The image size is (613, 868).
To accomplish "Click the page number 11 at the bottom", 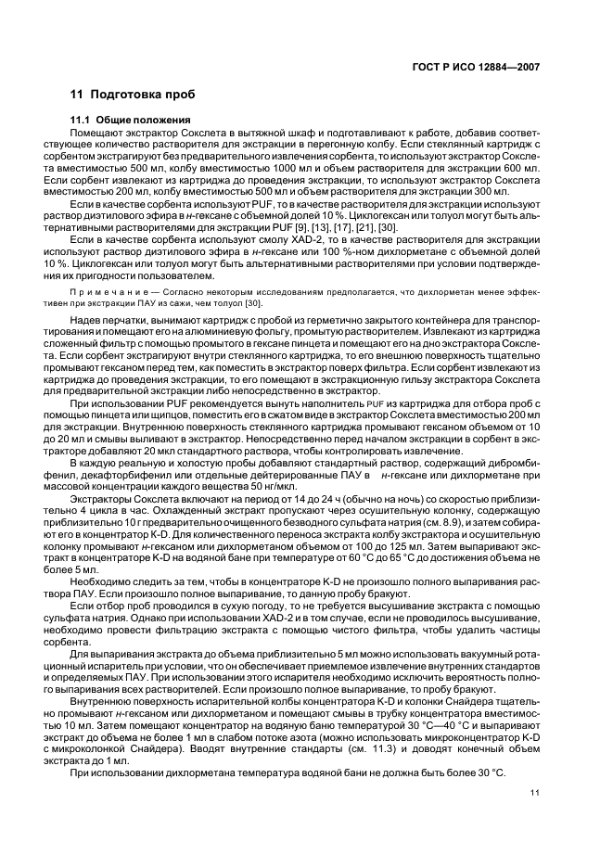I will (534, 791).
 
